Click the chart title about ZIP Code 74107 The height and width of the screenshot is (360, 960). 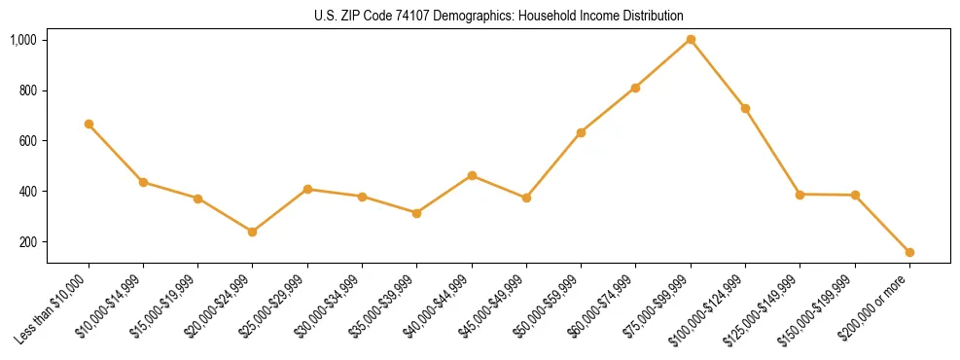click(499, 16)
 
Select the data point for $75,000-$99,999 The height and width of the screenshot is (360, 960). click(691, 39)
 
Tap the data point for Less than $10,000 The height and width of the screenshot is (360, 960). click(89, 124)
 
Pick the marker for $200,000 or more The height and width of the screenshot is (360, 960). click(909, 252)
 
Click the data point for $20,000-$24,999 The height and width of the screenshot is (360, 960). click(253, 232)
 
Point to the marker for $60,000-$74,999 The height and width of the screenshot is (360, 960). click(635, 88)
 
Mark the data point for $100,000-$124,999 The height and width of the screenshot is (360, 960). click(745, 108)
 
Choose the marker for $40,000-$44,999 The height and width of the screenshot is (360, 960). click(472, 175)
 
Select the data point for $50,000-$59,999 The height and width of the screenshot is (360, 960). click(581, 132)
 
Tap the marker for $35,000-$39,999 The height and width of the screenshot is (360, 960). click(416, 213)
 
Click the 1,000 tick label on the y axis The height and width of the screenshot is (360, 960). click(23, 40)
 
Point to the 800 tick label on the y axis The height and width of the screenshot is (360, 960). click(27, 90)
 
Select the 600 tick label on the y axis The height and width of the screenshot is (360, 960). click(27, 141)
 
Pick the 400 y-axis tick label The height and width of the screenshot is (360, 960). click(27, 192)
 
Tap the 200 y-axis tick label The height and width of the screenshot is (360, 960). click(27, 242)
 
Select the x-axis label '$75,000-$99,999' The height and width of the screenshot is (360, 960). click(658, 308)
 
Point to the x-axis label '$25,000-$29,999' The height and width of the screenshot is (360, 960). click(274, 308)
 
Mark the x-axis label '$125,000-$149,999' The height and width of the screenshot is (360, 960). click(764, 310)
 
